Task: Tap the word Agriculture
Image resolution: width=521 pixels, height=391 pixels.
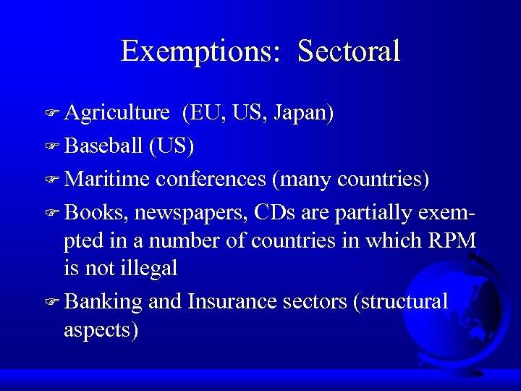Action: (x=117, y=114)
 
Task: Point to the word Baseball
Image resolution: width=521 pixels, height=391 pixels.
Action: (x=103, y=146)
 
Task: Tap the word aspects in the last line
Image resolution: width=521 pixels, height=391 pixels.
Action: (x=101, y=330)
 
